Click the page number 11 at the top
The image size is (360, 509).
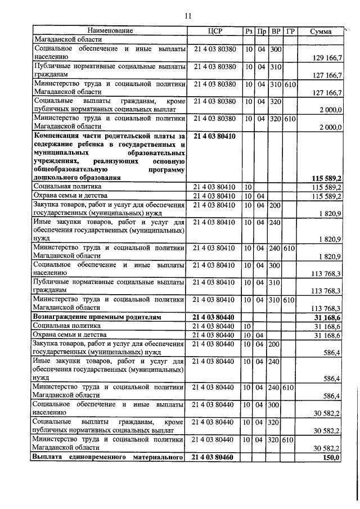point(188,15)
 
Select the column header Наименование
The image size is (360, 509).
point(110,31)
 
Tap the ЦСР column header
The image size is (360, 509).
point(214,31)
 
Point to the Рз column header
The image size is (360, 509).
point(249,31)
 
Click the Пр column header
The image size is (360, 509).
point(262,31)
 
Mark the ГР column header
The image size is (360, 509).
point(290,31)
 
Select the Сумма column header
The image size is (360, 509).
point(321,31)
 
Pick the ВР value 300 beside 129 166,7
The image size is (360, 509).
point(276,49)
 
